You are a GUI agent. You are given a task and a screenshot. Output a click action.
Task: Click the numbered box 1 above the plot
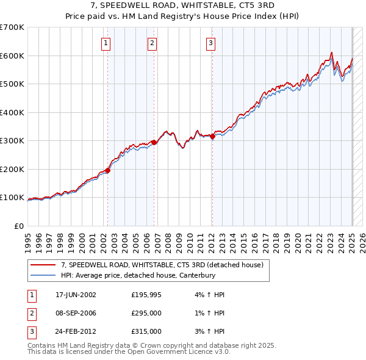point(106,43)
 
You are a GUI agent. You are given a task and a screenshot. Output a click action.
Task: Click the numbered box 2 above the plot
point(152,43)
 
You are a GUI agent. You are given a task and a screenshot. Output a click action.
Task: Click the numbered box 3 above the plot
point(210,43)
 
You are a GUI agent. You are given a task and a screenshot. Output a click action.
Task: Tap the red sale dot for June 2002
point(108,170)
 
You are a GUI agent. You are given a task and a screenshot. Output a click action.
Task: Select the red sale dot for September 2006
point(154,142)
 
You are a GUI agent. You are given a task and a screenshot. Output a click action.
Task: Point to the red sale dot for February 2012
point(212,137)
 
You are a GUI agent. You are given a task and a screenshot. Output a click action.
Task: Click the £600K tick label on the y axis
point(12,56)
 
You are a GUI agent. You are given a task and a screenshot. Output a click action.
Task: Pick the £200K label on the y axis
point(12,169)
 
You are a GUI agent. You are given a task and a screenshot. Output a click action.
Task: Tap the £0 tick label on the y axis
point(18,226)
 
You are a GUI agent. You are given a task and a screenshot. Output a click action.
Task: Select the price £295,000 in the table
point(146,313)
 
